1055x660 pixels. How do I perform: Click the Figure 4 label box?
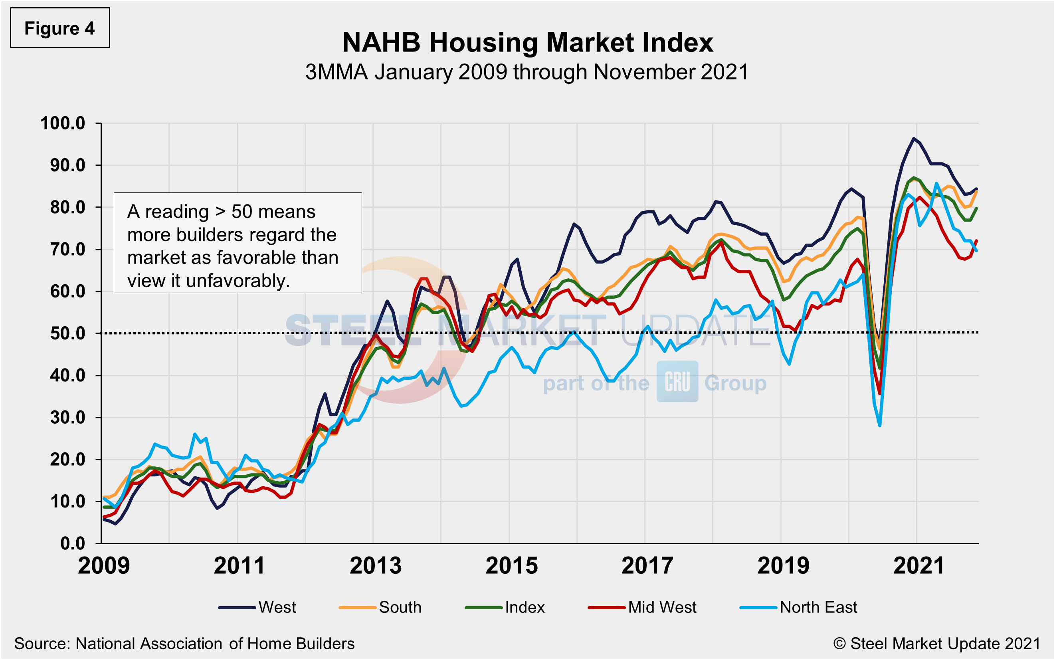point(60,28)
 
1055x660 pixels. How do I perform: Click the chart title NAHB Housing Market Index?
point(527,43)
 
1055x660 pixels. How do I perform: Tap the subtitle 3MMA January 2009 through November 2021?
point(527,72)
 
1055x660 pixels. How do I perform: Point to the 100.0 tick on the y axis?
point(63,123)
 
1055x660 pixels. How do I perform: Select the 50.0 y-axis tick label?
point(67,333)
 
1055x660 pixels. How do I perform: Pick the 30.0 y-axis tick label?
point(67,418)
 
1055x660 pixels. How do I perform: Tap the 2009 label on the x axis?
point(104,566)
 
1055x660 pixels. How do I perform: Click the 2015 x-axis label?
point(511,566)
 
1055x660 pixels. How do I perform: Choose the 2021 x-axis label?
point(919,566)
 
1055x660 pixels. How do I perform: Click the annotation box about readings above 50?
point(238,243)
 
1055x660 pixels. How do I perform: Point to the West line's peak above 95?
point(913,139)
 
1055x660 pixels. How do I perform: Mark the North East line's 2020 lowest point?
point(880,426)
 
